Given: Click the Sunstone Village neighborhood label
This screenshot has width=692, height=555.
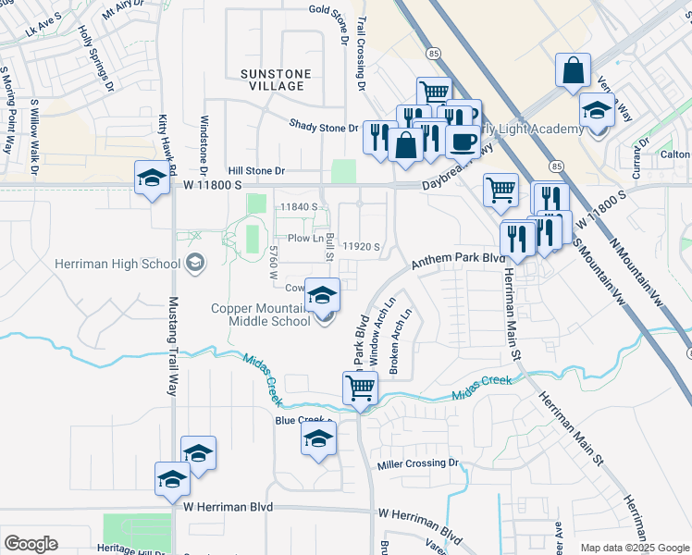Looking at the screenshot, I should (272, 79).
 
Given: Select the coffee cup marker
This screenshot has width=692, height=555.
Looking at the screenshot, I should (463, 142).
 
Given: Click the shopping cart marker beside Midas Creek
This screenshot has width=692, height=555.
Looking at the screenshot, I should (360, 388).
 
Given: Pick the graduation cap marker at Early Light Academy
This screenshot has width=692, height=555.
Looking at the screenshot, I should (597, 111).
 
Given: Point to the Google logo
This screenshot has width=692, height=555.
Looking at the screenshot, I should (31, 543).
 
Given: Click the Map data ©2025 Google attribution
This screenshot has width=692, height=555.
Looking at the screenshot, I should (636, 548).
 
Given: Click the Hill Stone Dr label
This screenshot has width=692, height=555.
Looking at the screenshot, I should (257, 171).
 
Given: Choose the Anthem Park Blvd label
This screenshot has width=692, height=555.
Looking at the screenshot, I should (453, 262).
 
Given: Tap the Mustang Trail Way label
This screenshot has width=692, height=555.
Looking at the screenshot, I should (171, 346).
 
